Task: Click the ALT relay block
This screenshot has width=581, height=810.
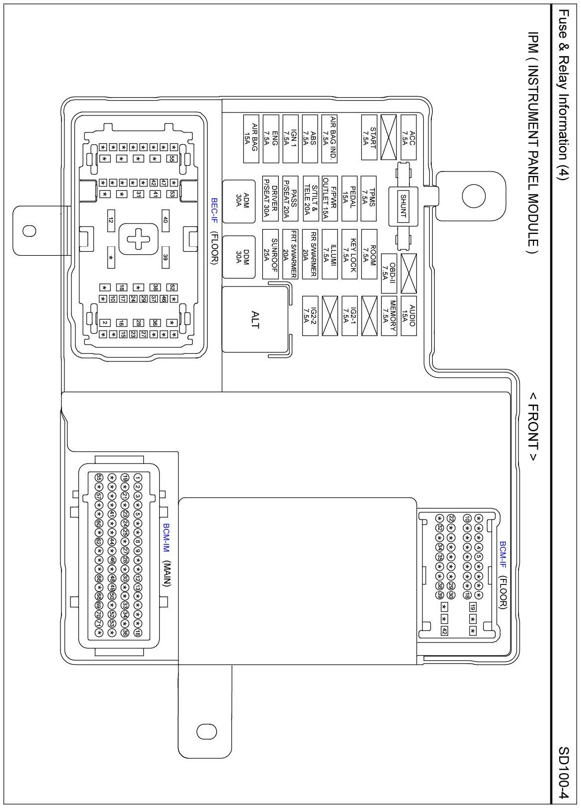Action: point(255,320)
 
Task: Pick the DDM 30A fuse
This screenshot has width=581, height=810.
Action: point(238,256)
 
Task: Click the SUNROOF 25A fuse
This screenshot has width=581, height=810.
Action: point(270,256)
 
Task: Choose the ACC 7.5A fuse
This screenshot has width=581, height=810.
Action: point(408,138)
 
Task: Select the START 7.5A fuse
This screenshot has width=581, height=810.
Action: point(369,138)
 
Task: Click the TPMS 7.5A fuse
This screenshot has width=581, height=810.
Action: point(369,198)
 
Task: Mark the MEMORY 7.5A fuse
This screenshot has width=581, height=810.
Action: point(389,315)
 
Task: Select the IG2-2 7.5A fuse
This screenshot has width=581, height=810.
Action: point(310,315)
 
